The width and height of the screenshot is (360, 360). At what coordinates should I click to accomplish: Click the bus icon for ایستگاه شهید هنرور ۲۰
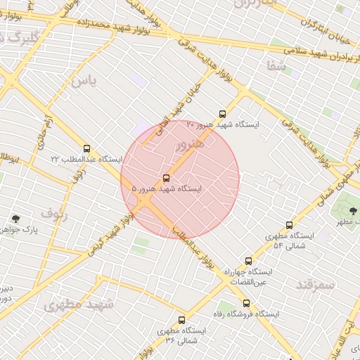[223, 113]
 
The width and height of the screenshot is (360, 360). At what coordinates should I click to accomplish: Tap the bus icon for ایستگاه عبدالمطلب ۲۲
[86, 148]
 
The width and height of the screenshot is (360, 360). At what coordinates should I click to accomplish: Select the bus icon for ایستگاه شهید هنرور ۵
[166, 178]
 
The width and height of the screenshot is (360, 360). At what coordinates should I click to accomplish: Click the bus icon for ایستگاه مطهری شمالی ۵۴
[289, 226]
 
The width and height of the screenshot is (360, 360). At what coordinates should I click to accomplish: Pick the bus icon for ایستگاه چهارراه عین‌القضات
[247, 261]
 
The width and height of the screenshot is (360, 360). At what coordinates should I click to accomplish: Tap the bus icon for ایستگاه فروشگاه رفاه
[246, 304]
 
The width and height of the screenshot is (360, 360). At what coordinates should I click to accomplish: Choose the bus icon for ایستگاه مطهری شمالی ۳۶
[182, 320]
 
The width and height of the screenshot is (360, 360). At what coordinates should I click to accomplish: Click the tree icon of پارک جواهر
[16, 219]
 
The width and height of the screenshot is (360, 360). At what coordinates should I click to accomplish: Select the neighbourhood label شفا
[276, 67]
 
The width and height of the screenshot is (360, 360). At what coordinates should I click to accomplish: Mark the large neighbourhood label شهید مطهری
[78, 304]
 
